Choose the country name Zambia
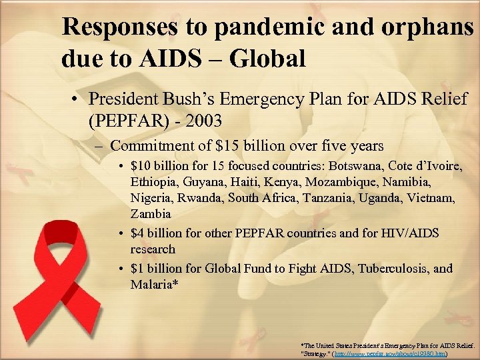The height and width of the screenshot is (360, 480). coord(151,214)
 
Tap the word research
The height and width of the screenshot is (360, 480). coord(153,249)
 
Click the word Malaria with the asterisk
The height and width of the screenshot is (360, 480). coord(154,285)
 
